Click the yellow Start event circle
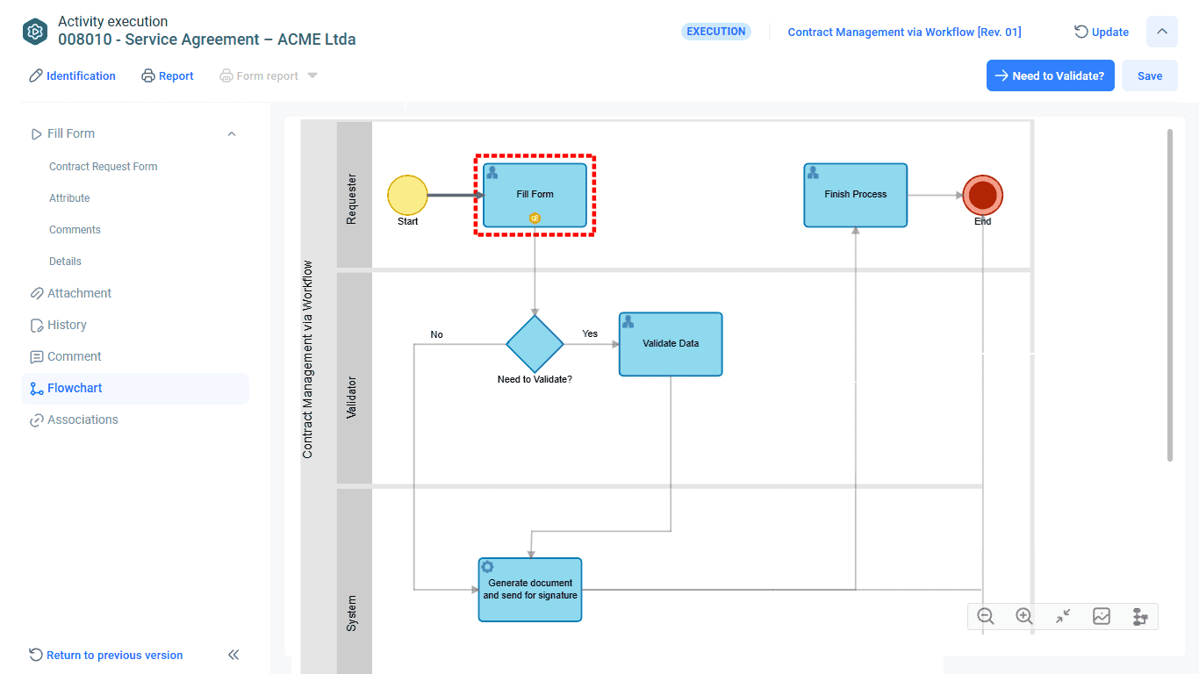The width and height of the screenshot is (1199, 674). click(x=407, y=195)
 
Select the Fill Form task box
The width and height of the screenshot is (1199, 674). click(x=535, y=195)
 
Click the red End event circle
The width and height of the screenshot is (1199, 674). click(x=983, y=195)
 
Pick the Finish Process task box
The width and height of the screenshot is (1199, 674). click(x=855, y=195)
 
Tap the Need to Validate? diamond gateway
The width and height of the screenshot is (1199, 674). click(x=535, y=344)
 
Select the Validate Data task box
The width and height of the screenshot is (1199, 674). click(x=671, y=344)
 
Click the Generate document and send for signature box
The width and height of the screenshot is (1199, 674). click(x=530, y=590)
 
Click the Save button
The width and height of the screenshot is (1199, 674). click(x=1149, y=75)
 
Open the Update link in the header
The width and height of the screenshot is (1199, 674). click(x=1102, y=32)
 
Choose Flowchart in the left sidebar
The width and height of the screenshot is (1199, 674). click(x=75, y=388)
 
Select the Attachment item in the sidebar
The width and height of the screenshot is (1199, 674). click(x=79, y=293)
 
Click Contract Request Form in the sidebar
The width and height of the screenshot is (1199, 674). click(x=104, y=167)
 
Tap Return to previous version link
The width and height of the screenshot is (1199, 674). click(x=114, y=656)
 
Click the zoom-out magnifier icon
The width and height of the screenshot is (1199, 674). click(x=986, y=616)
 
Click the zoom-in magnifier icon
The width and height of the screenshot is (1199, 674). click(x=1024, y=616)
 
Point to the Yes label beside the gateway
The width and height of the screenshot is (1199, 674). click(x=590, y=333)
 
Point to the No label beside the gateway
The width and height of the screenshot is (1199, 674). click(x=437, y=334)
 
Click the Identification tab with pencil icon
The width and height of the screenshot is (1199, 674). click(x=72, y=76)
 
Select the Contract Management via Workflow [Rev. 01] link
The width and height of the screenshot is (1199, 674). click(x=904, y=32)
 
